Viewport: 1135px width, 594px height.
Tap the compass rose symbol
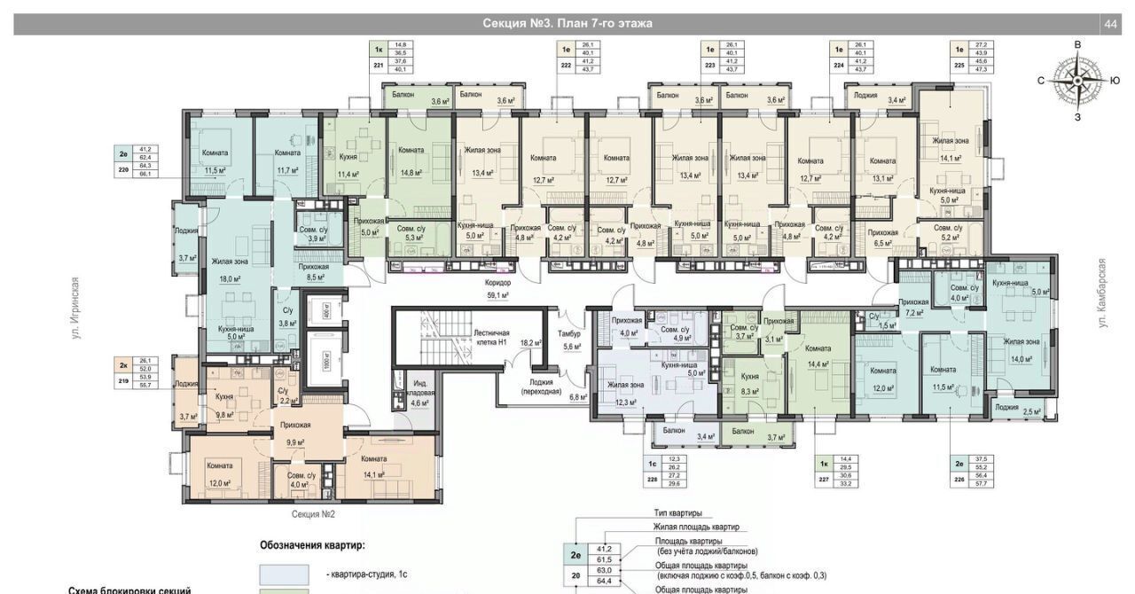[1077, 80]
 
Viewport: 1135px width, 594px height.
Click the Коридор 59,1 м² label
[498, 289]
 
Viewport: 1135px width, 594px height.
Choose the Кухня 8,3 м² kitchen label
[749, 383]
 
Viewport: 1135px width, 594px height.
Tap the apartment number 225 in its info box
[958, 65]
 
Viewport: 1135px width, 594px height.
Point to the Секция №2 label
[313, 513]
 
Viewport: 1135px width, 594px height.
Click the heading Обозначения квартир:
[311, 544]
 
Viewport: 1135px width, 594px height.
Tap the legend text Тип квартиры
[677, 513]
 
